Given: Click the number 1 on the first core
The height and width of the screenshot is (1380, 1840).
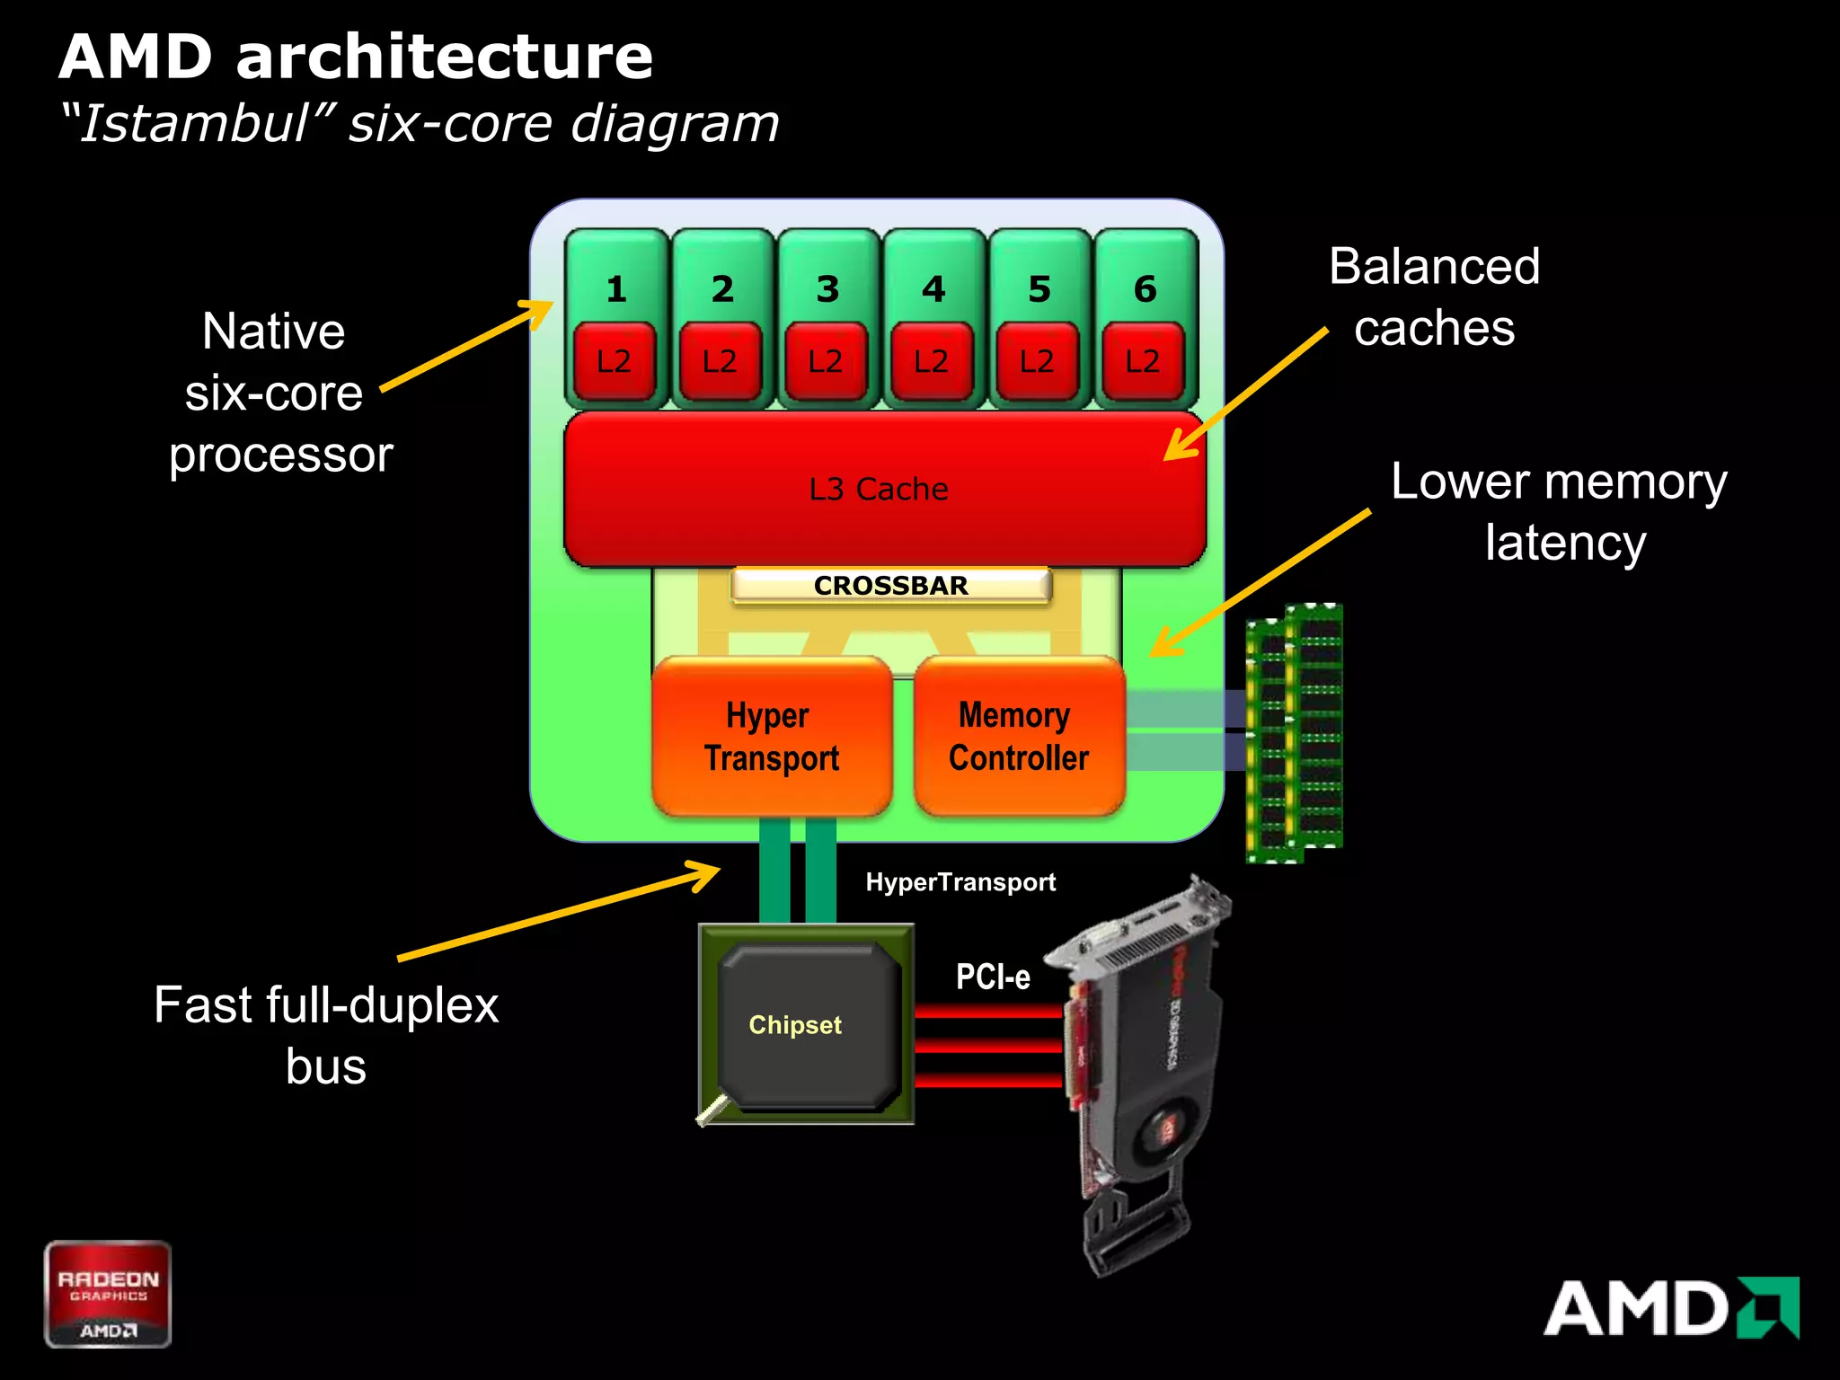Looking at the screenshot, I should [615, 289].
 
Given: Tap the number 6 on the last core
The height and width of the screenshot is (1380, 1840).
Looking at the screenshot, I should [1145, 289].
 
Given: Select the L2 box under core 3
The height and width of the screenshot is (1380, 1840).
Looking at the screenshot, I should [826, 361].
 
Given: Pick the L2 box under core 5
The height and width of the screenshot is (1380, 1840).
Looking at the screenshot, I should [1037, 361].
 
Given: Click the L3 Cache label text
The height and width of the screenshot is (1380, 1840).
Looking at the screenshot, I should [878, 489].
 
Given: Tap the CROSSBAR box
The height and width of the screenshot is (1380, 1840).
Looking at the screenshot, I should [890, 586].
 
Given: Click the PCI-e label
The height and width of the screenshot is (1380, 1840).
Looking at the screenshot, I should [992, 977].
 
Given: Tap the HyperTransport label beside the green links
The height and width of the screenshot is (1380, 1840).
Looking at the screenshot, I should [960, 882].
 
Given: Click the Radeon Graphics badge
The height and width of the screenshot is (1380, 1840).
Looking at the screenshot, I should [108, 1293].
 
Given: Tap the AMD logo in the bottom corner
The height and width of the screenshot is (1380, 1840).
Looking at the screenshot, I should [1670, 1308].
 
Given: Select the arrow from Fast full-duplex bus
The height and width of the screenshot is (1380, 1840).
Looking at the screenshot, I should [557, 913].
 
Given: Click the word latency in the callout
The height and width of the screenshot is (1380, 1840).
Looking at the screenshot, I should [1564, 543].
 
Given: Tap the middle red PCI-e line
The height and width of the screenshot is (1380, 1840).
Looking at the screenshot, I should [988, 1046].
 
